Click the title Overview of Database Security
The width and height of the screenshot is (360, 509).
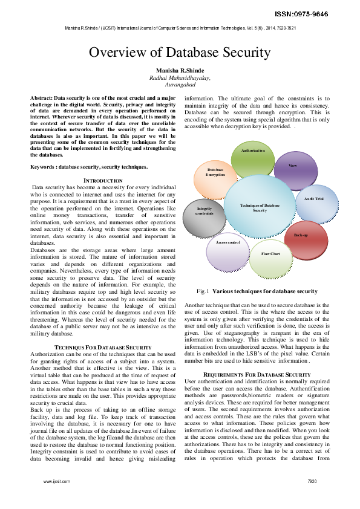pyautogui.click(x=180, y=53)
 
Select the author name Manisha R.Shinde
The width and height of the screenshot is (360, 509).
pyautogui.click(x=180, y=71)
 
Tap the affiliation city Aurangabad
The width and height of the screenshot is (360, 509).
pyautogui.click(x=180, y=86)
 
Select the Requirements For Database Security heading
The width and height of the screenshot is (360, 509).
pyautogui.click(x=257, y=375)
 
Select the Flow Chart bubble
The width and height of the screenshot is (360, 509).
pyautogui.click(x=270, y=254)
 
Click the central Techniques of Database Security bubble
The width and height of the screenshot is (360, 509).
pyautogui.click(x=260, y=208)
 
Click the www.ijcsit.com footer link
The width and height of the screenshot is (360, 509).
pyautogui.click(x=56, y=481)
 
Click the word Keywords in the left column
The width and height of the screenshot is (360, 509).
pyautogui.click(x=45, y=167)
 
